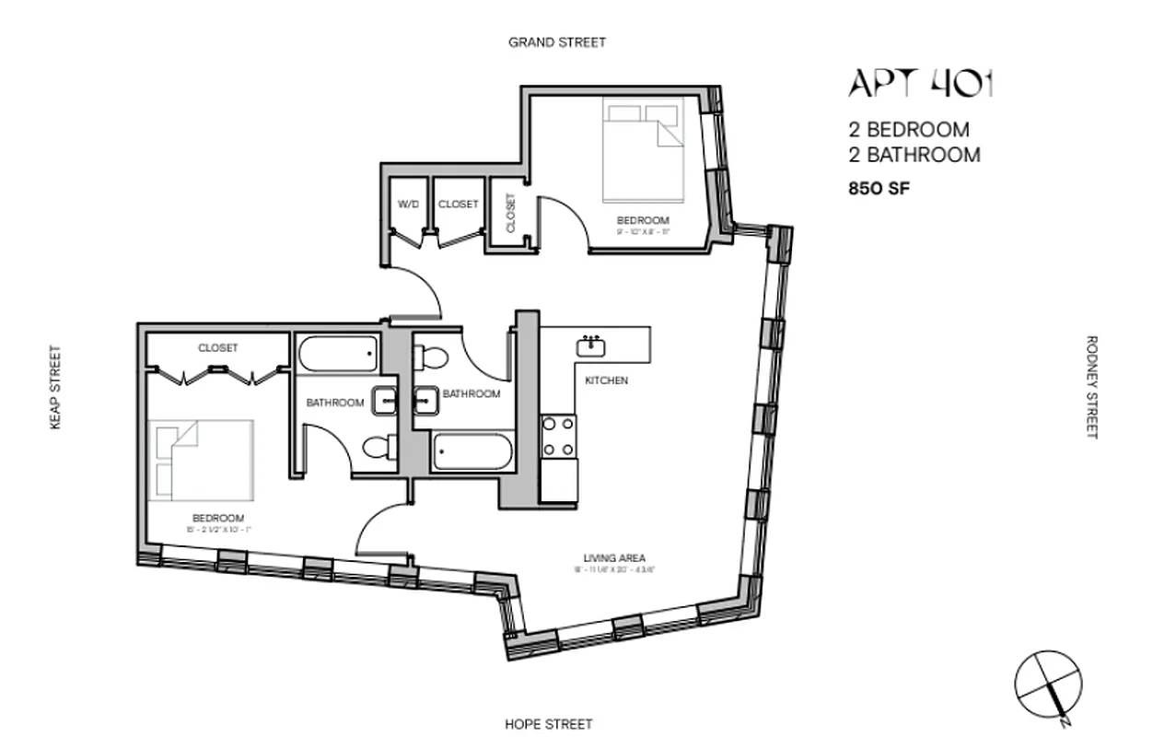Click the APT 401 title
[x=920, y=84]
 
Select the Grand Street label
[x=557, y=42]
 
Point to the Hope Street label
[x=549, y=724]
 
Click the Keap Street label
[x=55, y=387]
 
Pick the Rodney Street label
[x=1092, y=387]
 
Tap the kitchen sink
[x=589, y=346]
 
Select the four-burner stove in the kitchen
[x=558, y=437]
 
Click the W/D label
[x=408, y=204]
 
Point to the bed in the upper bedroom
[x=645, y=151]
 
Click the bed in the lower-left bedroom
[x=204, y=460]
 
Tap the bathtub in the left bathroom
[x=338, y=353]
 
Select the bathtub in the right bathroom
[x=472, y=451]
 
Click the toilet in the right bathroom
[x=431, y=355]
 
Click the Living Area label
[x=613, y=557]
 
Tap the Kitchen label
[x=607, y=380]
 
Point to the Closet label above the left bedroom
[x=217, y=348]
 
